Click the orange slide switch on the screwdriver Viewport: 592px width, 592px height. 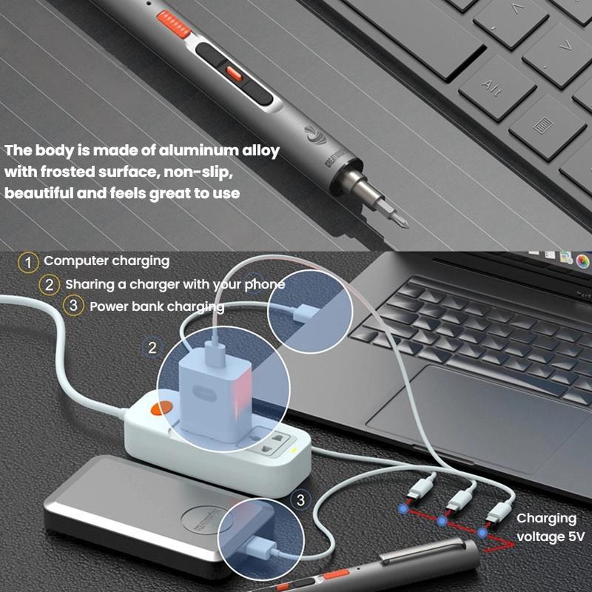234,73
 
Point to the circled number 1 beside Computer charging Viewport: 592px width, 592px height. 29,261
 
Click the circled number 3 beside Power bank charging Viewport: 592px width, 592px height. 73,306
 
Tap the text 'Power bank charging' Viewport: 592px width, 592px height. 157,306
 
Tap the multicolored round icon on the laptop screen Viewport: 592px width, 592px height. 583,260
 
